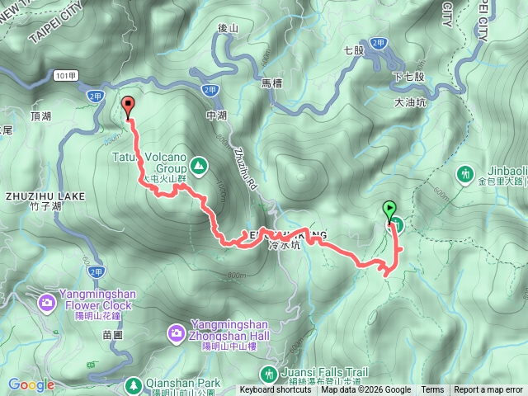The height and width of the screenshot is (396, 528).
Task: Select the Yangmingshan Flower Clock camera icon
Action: click(47, 303)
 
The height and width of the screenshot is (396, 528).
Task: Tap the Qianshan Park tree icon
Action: click(133, 384)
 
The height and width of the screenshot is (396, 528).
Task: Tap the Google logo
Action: click(31, 384)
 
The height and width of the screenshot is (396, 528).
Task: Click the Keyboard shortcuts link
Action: click(276, 390)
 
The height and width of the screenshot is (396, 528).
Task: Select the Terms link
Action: click(432, 390)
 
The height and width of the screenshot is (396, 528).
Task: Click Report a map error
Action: click(488, 390)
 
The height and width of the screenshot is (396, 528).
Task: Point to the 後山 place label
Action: click(228, 28)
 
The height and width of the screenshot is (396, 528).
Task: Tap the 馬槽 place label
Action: click(271, 83)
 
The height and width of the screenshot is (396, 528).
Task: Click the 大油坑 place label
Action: click(410, 104)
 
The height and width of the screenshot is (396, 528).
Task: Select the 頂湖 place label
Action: click(40, 116)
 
